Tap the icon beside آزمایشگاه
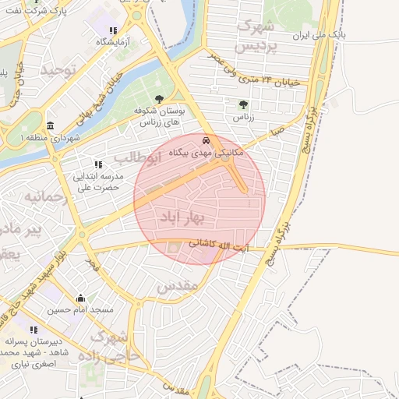[x=113, y=31]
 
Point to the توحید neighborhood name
[x=62, y=71]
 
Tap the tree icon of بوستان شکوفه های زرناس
[x=160, y=100]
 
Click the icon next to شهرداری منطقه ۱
[x=51, y=126]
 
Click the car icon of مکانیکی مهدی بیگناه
[x=205, y=141]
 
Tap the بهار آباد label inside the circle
[x=180, y=217]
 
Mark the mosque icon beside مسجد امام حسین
[x=81, y=298]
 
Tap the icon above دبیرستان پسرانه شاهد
[x=34, y=330]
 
